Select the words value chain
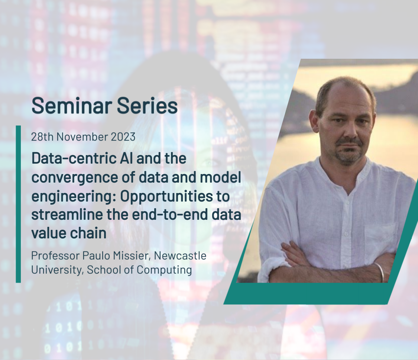click(x=69, y=234)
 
